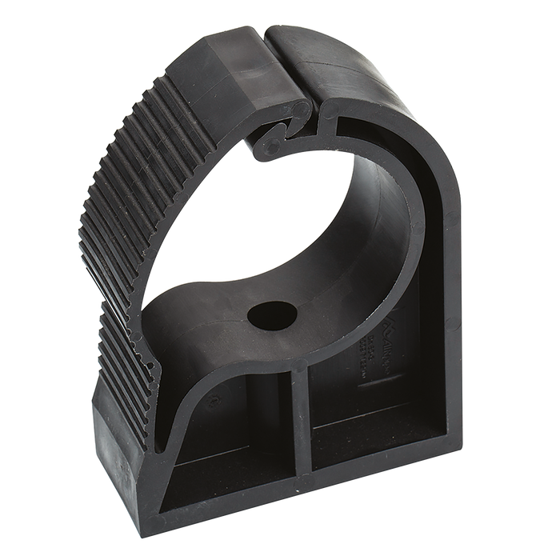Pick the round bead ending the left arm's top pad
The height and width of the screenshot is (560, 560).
(x=299, y=112)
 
